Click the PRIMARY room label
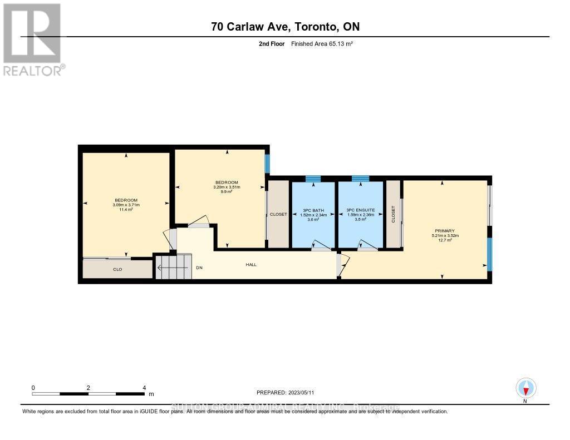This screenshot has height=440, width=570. click(x=446, y=231)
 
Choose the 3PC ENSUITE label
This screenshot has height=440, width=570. click(x=360, y=210)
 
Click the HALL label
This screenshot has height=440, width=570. click(x=251, y=265)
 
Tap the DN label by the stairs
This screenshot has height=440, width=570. click(x=199, y=267)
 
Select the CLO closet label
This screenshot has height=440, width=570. click(x=117, y=269)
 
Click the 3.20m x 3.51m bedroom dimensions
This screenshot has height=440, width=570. click(x=227, y=187)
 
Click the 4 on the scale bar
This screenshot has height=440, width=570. click(x=144, y=388)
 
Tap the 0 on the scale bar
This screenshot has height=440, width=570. click(x=33, y=388)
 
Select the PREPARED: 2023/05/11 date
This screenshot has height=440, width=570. click(x=289, y=392)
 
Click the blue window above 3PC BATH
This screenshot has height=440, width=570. click(x=313, y=179)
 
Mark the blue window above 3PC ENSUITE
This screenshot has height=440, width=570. click(x=360, y=179)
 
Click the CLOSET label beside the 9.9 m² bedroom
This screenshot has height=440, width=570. click(x=278, y=214)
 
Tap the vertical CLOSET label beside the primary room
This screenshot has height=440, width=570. click(x=393, y=214)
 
